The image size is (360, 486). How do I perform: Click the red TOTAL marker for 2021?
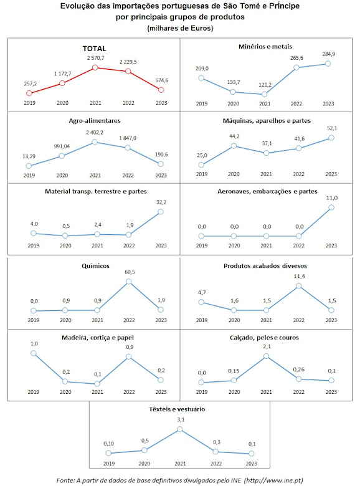pyautogui.click(x=95, y=67)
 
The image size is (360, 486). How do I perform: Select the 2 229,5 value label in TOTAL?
pyautogui.click(x=128, y=62)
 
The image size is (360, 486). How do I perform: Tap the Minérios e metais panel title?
pyautogui.click(x=265, y=47)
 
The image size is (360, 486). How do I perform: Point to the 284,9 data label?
pyautogui.click(x=328, y=54)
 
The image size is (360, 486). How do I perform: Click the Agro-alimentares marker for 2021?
pyautogui.click(x=95, y=142)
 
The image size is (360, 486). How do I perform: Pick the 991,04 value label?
pyautogui.click(x=62, y=146)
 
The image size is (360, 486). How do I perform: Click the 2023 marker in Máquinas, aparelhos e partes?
pyautogui.click(x=331, y=138)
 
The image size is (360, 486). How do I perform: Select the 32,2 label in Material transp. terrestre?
pyautogui.click(x=161, y=202)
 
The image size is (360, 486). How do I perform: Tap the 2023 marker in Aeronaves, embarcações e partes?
pyautogui.click(x=331, y=207)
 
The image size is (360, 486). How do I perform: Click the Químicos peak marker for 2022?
pyautogui.click(x=128, y=282)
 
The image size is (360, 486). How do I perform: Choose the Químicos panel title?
pyautogui.click(x=95, y=266)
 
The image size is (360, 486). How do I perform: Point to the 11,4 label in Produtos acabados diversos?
pyautogui.click(x=299, y=276)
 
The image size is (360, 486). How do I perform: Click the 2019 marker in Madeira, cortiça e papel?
pyautogui.click(x=34, y=353)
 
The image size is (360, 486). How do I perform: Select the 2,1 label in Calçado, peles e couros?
pyautogui.click(x=267, y=346)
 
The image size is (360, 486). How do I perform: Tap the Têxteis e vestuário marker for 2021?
pyautogui.click(x=180, y=429)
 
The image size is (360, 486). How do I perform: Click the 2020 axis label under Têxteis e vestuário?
pyautogui.click(x=144, y=464)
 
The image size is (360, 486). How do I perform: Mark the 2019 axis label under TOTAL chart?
pyautogui.click(x=29, y=103)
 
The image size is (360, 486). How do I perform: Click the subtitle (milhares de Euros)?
pyautogui.click(x=180, y=28)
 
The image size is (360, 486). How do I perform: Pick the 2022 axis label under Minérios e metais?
pyautogui.click(x=296, y=104)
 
